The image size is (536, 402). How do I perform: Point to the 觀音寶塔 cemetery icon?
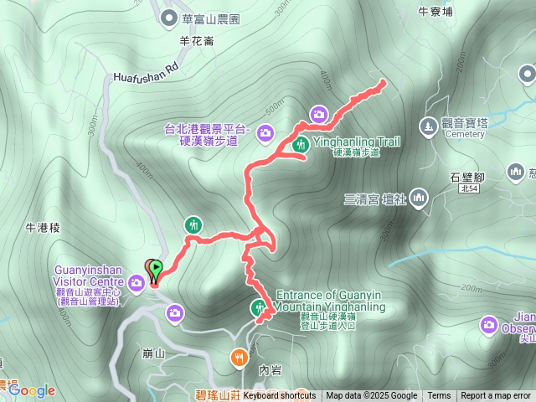click(428, 125)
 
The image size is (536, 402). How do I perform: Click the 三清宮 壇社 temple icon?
click(418, 198)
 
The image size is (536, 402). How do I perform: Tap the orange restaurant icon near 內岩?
click(240, 358)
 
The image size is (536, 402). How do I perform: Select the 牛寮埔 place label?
click(435, 12)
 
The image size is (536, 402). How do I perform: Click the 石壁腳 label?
click(466, 178)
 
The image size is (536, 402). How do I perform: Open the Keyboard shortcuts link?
click(280, 396)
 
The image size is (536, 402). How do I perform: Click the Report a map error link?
click(496, 396)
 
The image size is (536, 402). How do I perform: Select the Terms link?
click(439, 396)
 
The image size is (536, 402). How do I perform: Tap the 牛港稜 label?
click(44, 227)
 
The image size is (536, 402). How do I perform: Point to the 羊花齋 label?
click(198, 39)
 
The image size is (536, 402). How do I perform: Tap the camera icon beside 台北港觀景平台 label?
click(265, 132)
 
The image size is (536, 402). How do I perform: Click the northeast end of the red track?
click(384, 82)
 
